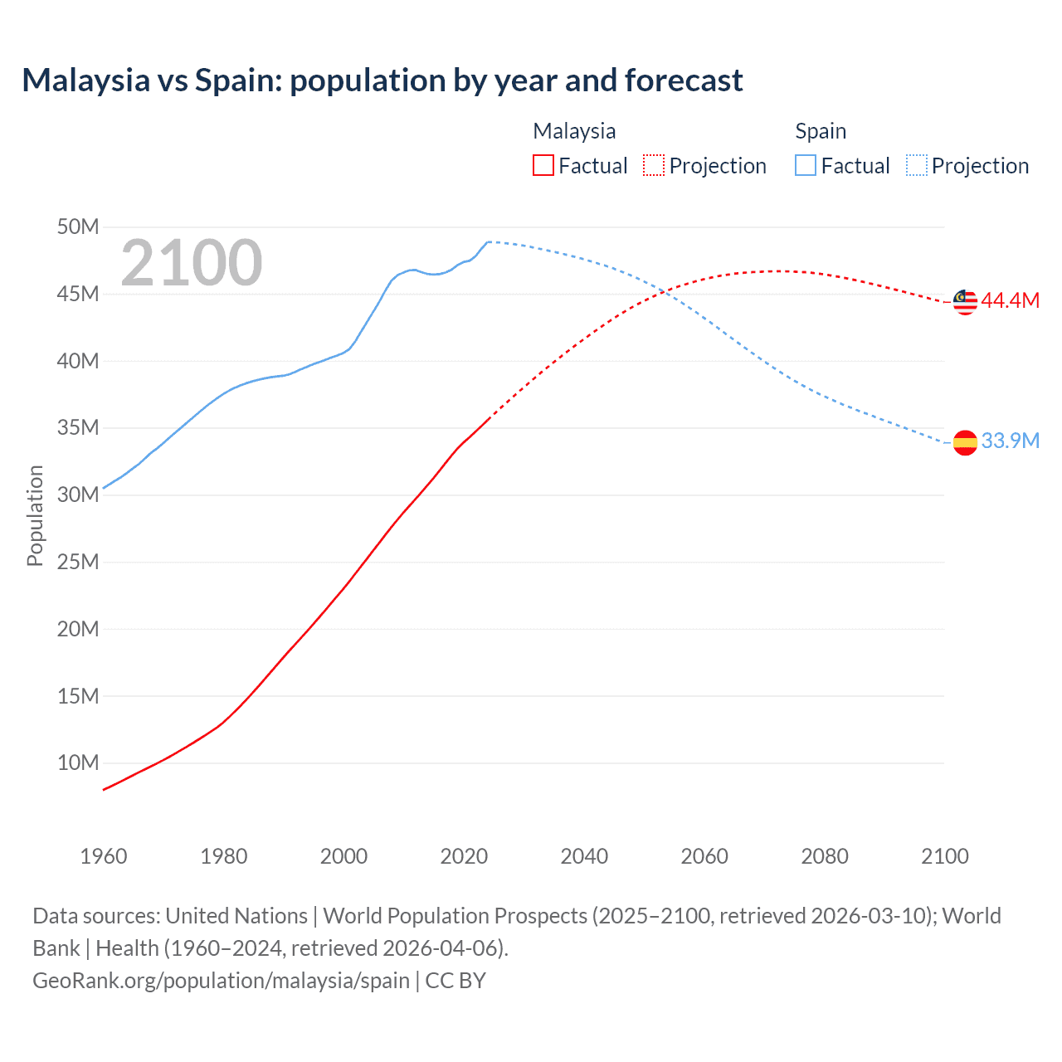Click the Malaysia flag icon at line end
(965, 302)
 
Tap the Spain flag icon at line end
(965, 442)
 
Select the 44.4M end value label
(1010, 300)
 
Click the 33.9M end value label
(1010, 441)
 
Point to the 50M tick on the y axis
(78, 227)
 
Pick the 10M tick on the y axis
(78, 762)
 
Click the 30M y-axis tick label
(78, 494)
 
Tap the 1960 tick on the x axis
(104, 856)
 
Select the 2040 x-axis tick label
(584, 856)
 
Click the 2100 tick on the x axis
(944, 856)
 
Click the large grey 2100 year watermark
(192, 263)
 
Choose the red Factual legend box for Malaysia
(543, 165)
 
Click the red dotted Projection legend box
(654, 165)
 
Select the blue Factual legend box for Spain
(806, 165)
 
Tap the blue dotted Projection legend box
(917, 165)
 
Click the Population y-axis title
(35, 515)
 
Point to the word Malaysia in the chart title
(85, 80)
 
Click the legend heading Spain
(821, 131)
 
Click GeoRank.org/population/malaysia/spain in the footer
(221, 981)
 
